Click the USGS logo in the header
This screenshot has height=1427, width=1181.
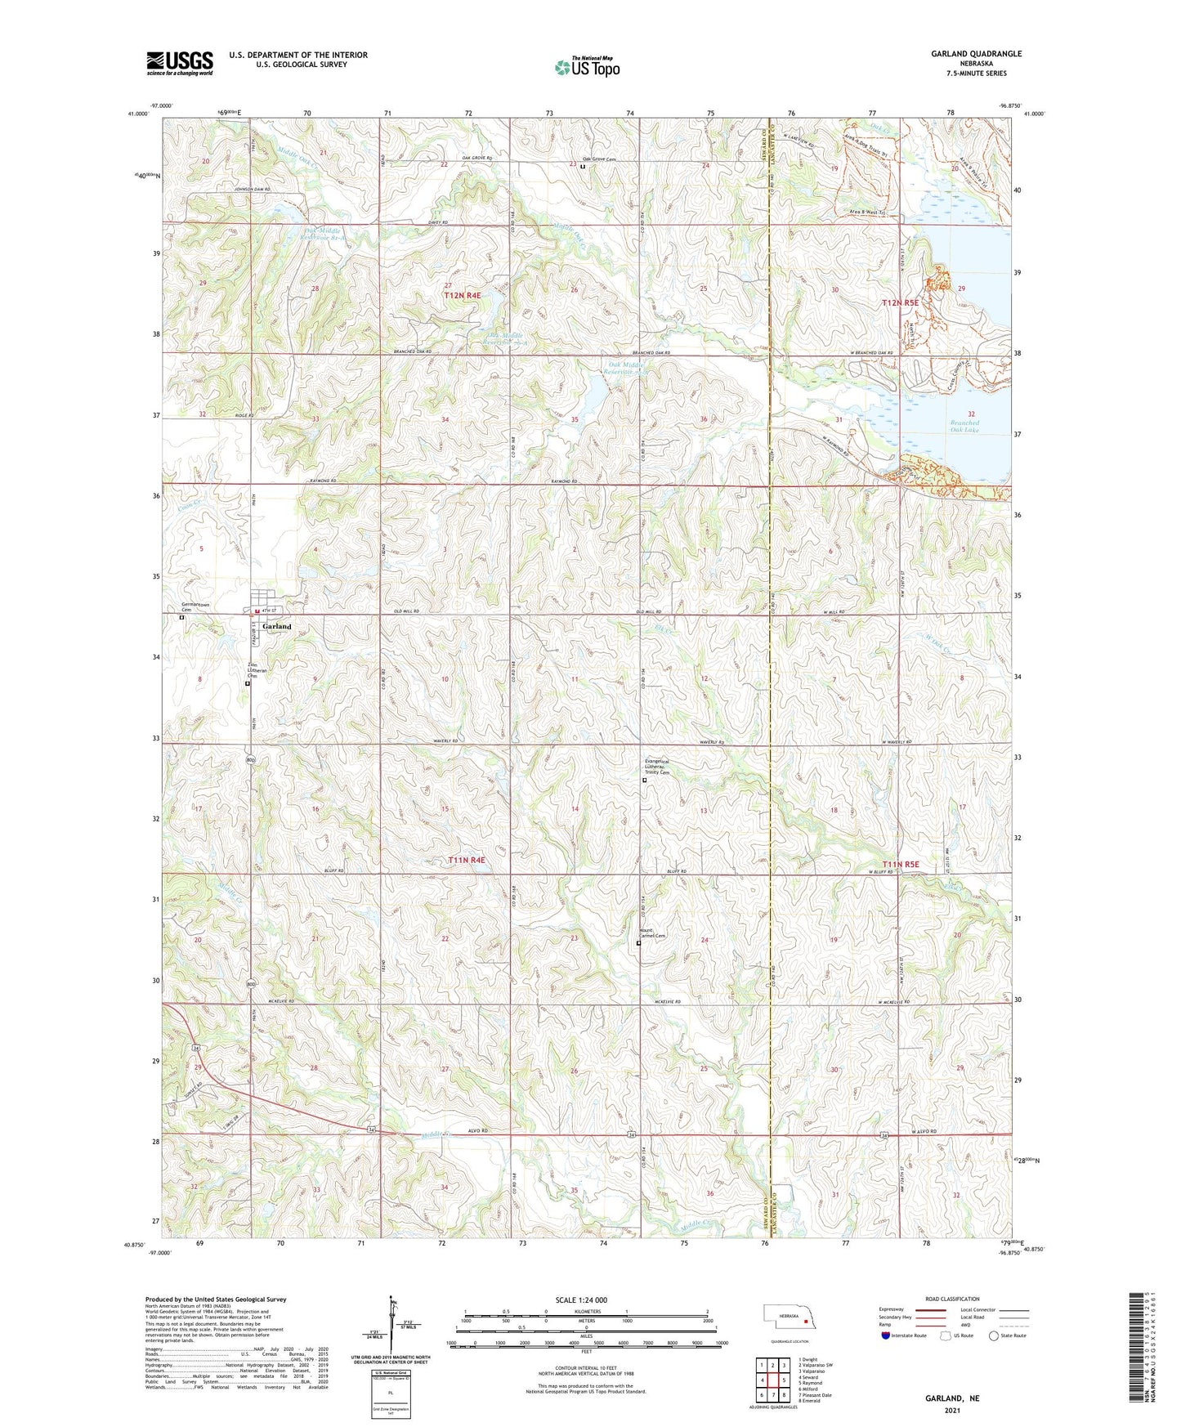point(180,63)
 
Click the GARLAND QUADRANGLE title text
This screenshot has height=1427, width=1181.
point(976,54)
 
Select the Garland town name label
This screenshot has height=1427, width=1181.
point(276,627)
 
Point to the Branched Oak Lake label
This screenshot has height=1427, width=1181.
point(964,426)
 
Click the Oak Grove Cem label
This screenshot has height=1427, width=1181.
point(599,159)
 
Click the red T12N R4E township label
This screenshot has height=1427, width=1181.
point(464,295)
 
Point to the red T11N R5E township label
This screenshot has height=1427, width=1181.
point(901,864)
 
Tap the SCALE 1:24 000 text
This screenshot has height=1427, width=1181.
point(581,1300)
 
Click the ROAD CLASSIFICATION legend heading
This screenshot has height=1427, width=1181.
point(952,1299)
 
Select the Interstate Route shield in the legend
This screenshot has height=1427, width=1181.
point(887,1335)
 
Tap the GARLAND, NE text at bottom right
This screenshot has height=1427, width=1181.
point(952,1398)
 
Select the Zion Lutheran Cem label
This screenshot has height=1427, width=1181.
point(257,670)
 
